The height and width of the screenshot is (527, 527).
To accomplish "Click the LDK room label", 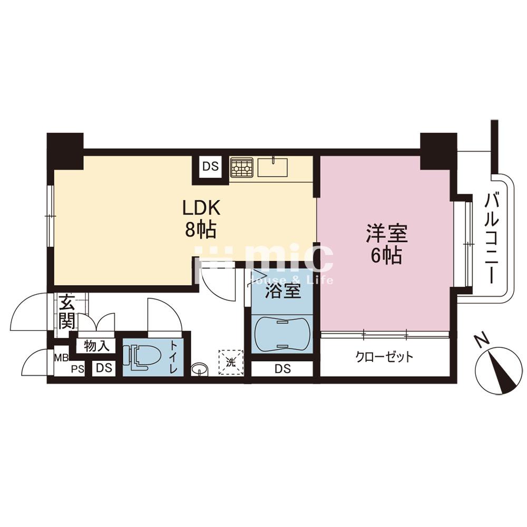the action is pyautogui.click(x=201, y=208).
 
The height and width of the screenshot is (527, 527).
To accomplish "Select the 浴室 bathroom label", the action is pyautogui.click(x=282, y=291).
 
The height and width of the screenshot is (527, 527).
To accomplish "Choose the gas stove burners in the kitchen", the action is pyautogui.click(x=241, y=168).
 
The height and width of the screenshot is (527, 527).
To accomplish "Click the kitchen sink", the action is pyautogui.click(x=272, y=168).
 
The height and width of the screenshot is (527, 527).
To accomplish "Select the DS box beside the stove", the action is pyautogui.click(x=210, y=167).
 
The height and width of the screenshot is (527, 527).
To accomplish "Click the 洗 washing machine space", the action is pyautogui.click(x=231, y=363).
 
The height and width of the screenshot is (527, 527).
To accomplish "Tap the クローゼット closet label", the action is pyautogui.click(x=385, y=357).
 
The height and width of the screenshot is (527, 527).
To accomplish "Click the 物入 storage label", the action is pyautogui.click(x=97, y=346).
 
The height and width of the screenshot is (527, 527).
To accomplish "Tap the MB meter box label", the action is pyautogui.click(x=62, y=357).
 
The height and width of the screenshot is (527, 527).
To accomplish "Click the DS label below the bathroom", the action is pyautogui.click(x=282, y=369).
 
